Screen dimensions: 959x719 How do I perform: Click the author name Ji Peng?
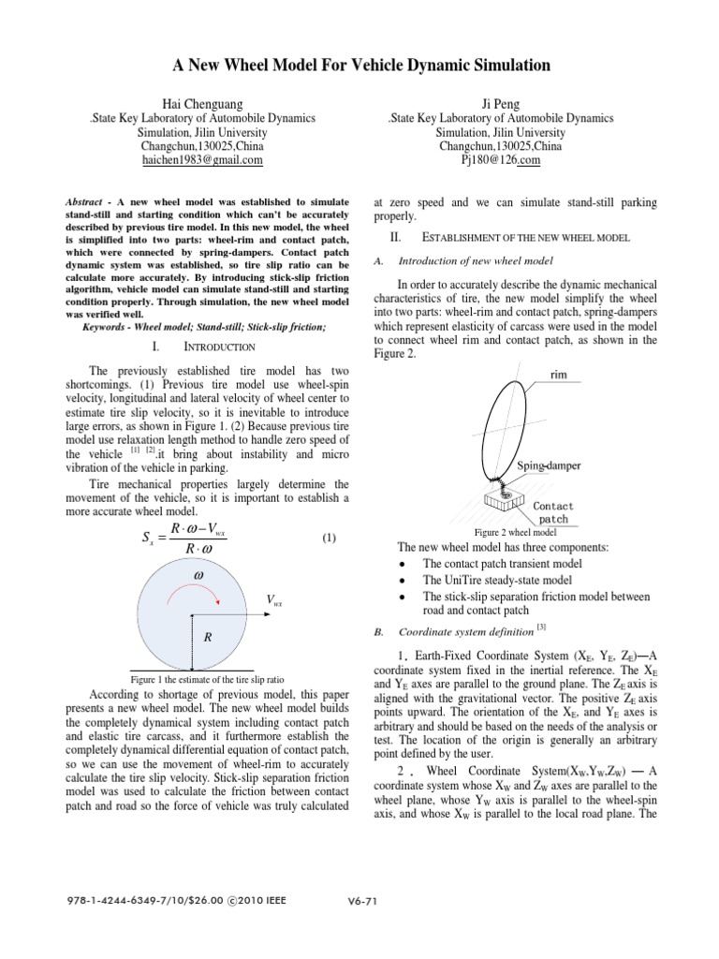502,102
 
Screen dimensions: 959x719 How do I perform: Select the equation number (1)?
329,538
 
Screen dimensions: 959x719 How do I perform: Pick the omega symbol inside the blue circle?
198,572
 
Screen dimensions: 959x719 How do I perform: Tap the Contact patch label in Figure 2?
553,511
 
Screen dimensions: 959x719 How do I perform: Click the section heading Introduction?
215,347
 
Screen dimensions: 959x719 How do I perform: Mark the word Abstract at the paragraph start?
87,201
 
